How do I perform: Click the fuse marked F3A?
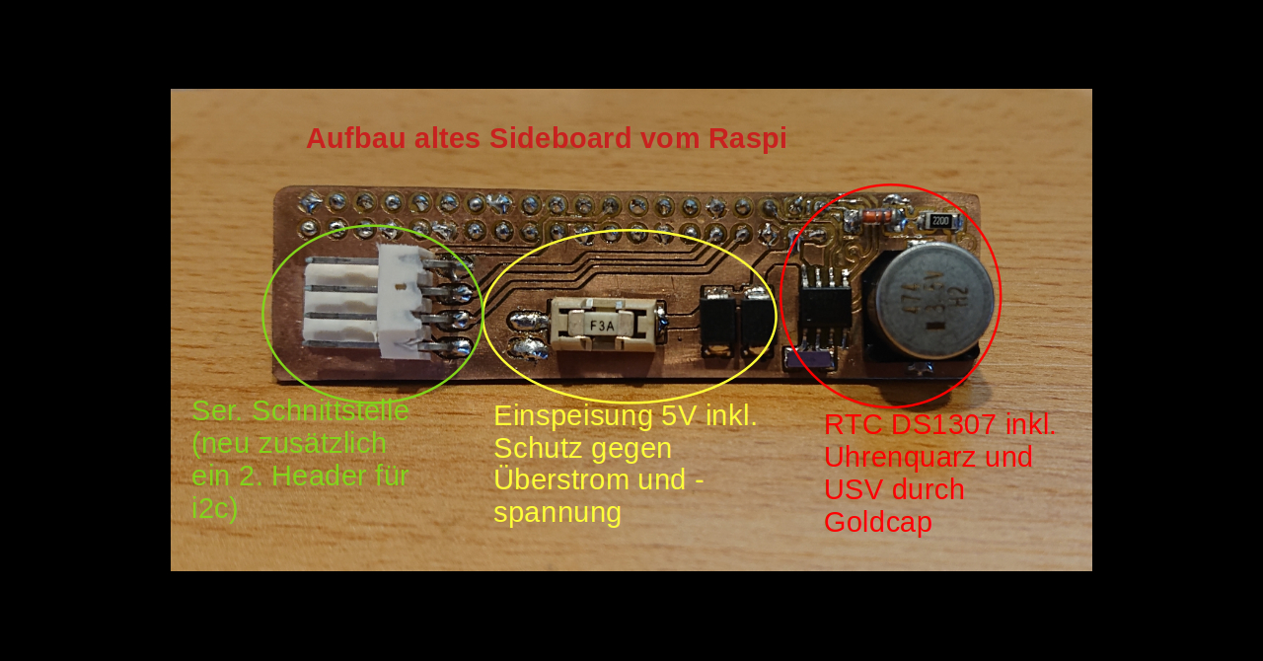tap(603, 325)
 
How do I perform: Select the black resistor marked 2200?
tap(940, 221)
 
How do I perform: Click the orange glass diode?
tap(877, 217)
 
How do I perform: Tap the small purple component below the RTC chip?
tap(809, 358)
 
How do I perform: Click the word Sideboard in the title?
tap(559, 139)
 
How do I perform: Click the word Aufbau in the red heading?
tap(356, 139)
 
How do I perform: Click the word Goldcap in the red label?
tap(878, 522)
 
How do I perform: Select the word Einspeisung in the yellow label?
tap(573, 416)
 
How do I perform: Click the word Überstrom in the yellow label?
tap(590, 479)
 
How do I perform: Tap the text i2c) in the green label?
tap(215, 509)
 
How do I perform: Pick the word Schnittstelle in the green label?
tap(331, 410)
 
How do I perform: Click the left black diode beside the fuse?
tap(718, 321)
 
